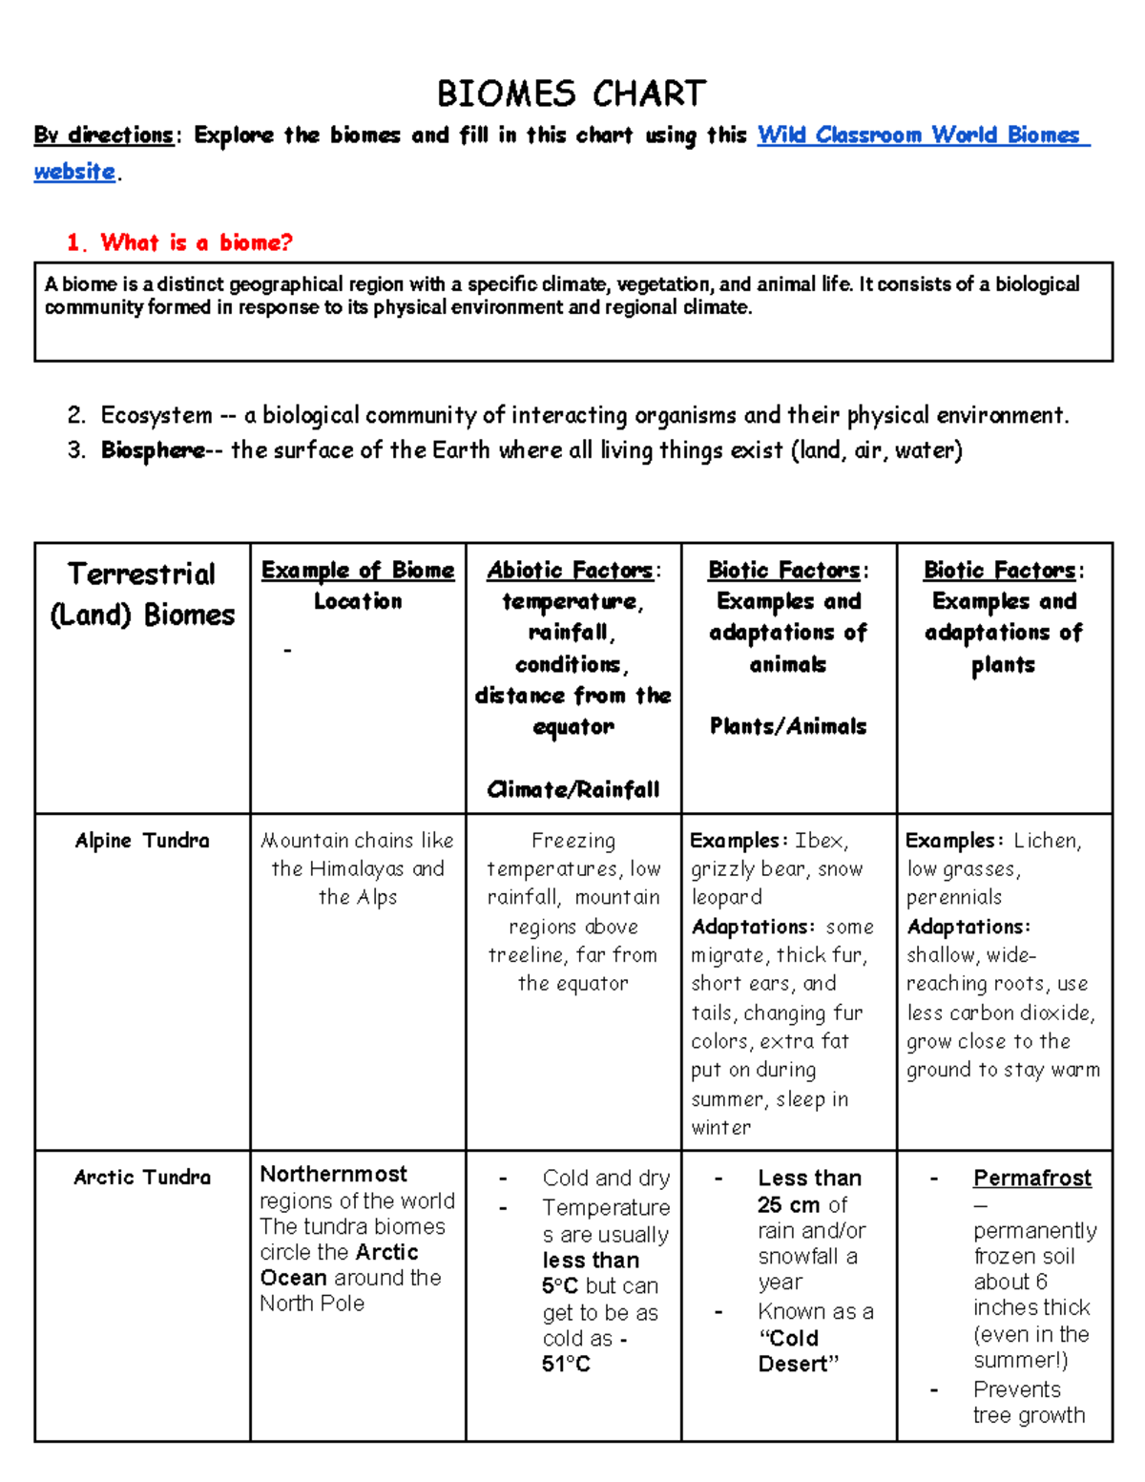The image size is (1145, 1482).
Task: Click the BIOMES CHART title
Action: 572,94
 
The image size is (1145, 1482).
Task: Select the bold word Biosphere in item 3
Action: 153,450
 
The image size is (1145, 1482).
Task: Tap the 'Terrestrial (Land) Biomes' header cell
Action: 142,594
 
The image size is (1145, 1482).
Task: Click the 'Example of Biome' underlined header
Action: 358,570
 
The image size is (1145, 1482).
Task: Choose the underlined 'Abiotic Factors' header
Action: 570,570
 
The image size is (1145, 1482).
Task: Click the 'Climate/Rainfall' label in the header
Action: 573,789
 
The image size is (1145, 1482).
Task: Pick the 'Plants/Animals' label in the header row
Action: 788,726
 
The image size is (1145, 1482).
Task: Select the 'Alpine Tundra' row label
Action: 142,841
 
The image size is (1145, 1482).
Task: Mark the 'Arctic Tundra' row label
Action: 142,1178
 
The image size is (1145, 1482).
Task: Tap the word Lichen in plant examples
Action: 1046,841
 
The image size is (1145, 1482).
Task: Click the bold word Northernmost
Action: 333,1174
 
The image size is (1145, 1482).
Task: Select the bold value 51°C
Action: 566,1365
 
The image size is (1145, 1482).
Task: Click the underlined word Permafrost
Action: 1031,1179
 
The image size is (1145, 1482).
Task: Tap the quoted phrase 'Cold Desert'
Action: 799,1351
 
